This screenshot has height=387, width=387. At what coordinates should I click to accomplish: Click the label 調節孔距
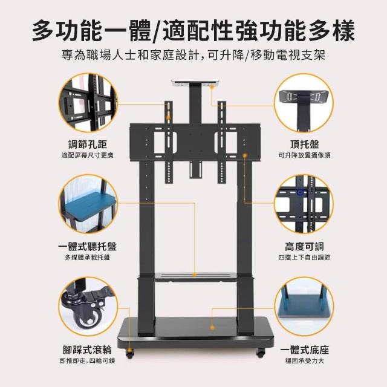click(x=88, y=145)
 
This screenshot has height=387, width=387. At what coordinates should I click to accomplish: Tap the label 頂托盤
click(x=305, y=145)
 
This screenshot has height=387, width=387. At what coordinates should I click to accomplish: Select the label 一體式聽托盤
click(x=87, y=247)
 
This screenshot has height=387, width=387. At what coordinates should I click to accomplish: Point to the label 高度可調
click(x=304, y=247)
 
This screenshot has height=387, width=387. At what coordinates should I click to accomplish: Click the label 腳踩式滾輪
click(x=87, y=350)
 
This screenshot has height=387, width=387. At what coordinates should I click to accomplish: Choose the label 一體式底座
click(x=305, y=350)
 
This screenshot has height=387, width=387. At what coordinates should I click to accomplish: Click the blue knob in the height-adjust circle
click(x=300, y=192)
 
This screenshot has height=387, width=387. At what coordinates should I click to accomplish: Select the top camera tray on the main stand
click(x=195, y=83)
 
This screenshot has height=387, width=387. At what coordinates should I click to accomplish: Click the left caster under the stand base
click(x=129, y=353)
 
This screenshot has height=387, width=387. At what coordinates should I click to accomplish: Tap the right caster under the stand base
click(x=261, y=353)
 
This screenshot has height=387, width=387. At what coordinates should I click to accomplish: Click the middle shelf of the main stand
click(x=195, y=277)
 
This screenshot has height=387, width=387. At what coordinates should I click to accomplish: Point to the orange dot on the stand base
click(x=212, y=328)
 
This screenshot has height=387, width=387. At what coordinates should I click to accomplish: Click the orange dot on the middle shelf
click(x=195, y=275)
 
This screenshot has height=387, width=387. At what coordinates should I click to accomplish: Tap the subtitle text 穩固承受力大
click(x=304, y=361)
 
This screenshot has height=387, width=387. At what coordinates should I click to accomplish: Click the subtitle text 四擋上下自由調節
click(x=304, y=258)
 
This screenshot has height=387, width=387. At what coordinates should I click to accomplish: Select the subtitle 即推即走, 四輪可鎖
click(x=87, y=361)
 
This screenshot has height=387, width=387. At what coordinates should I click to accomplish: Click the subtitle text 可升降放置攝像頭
click(x=305, y=155)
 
